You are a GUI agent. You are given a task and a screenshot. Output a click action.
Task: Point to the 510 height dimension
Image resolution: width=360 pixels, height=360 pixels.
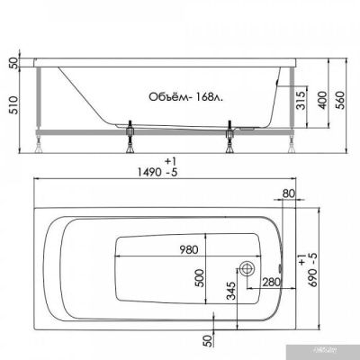click(x=12, y=109)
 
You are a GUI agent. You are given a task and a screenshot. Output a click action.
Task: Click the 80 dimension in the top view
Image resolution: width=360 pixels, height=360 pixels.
click(x=287, y=193)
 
